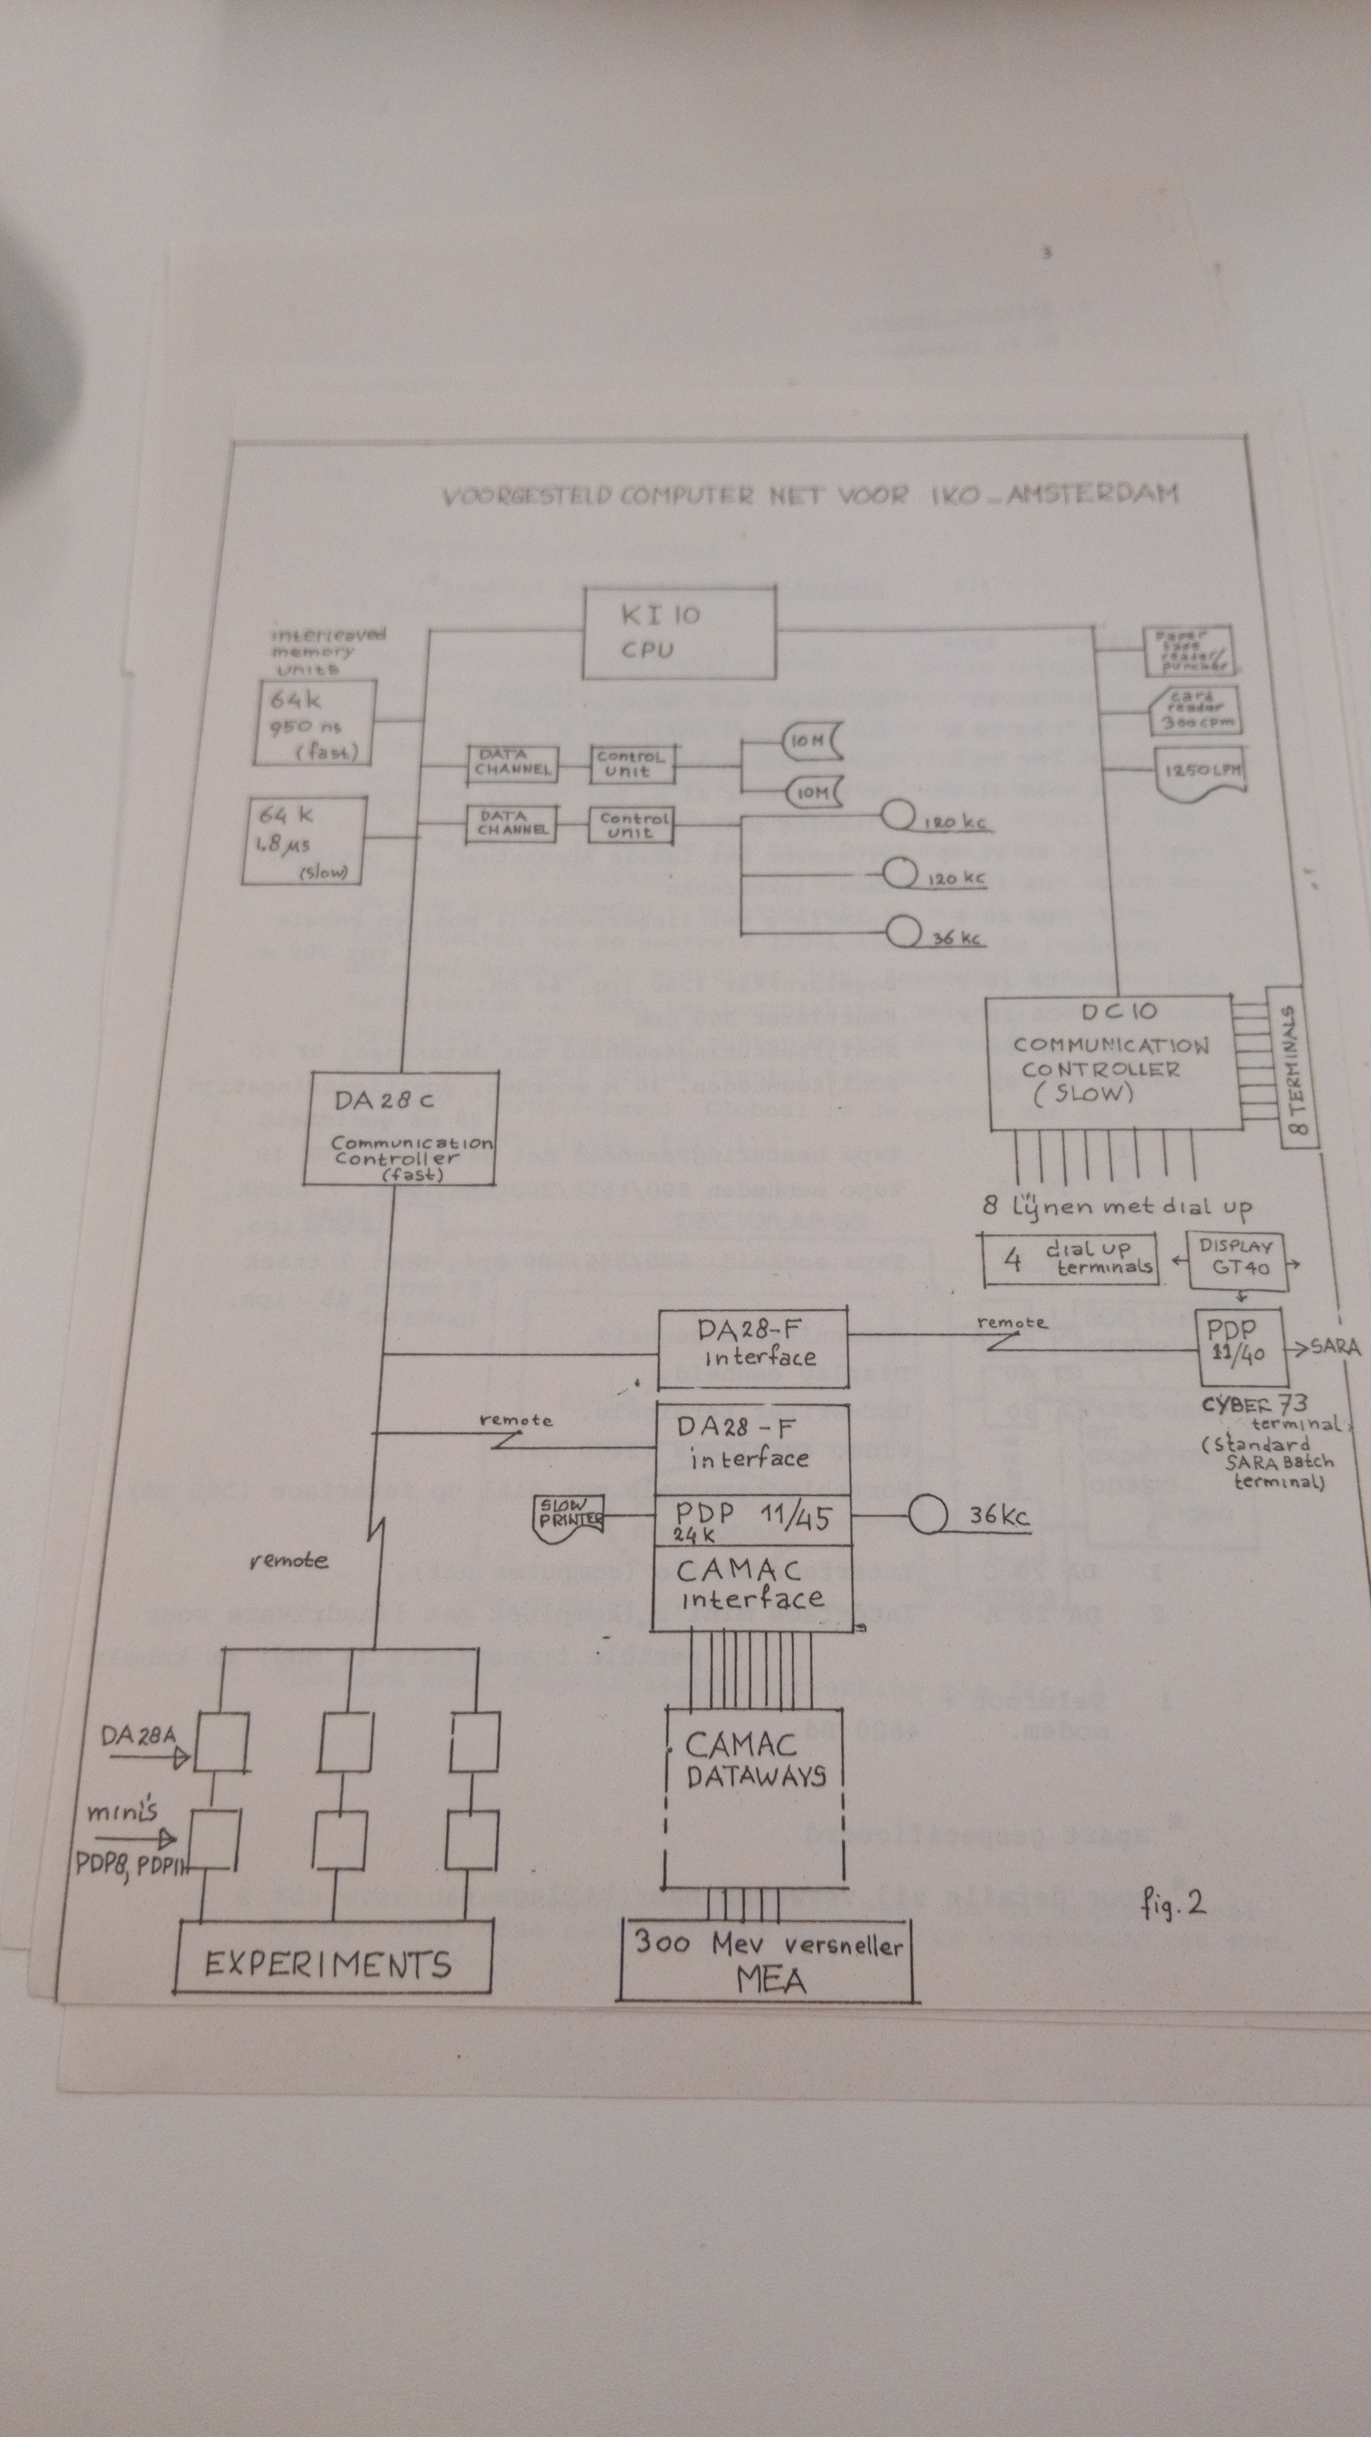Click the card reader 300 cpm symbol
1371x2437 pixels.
tap(1196, 711)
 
